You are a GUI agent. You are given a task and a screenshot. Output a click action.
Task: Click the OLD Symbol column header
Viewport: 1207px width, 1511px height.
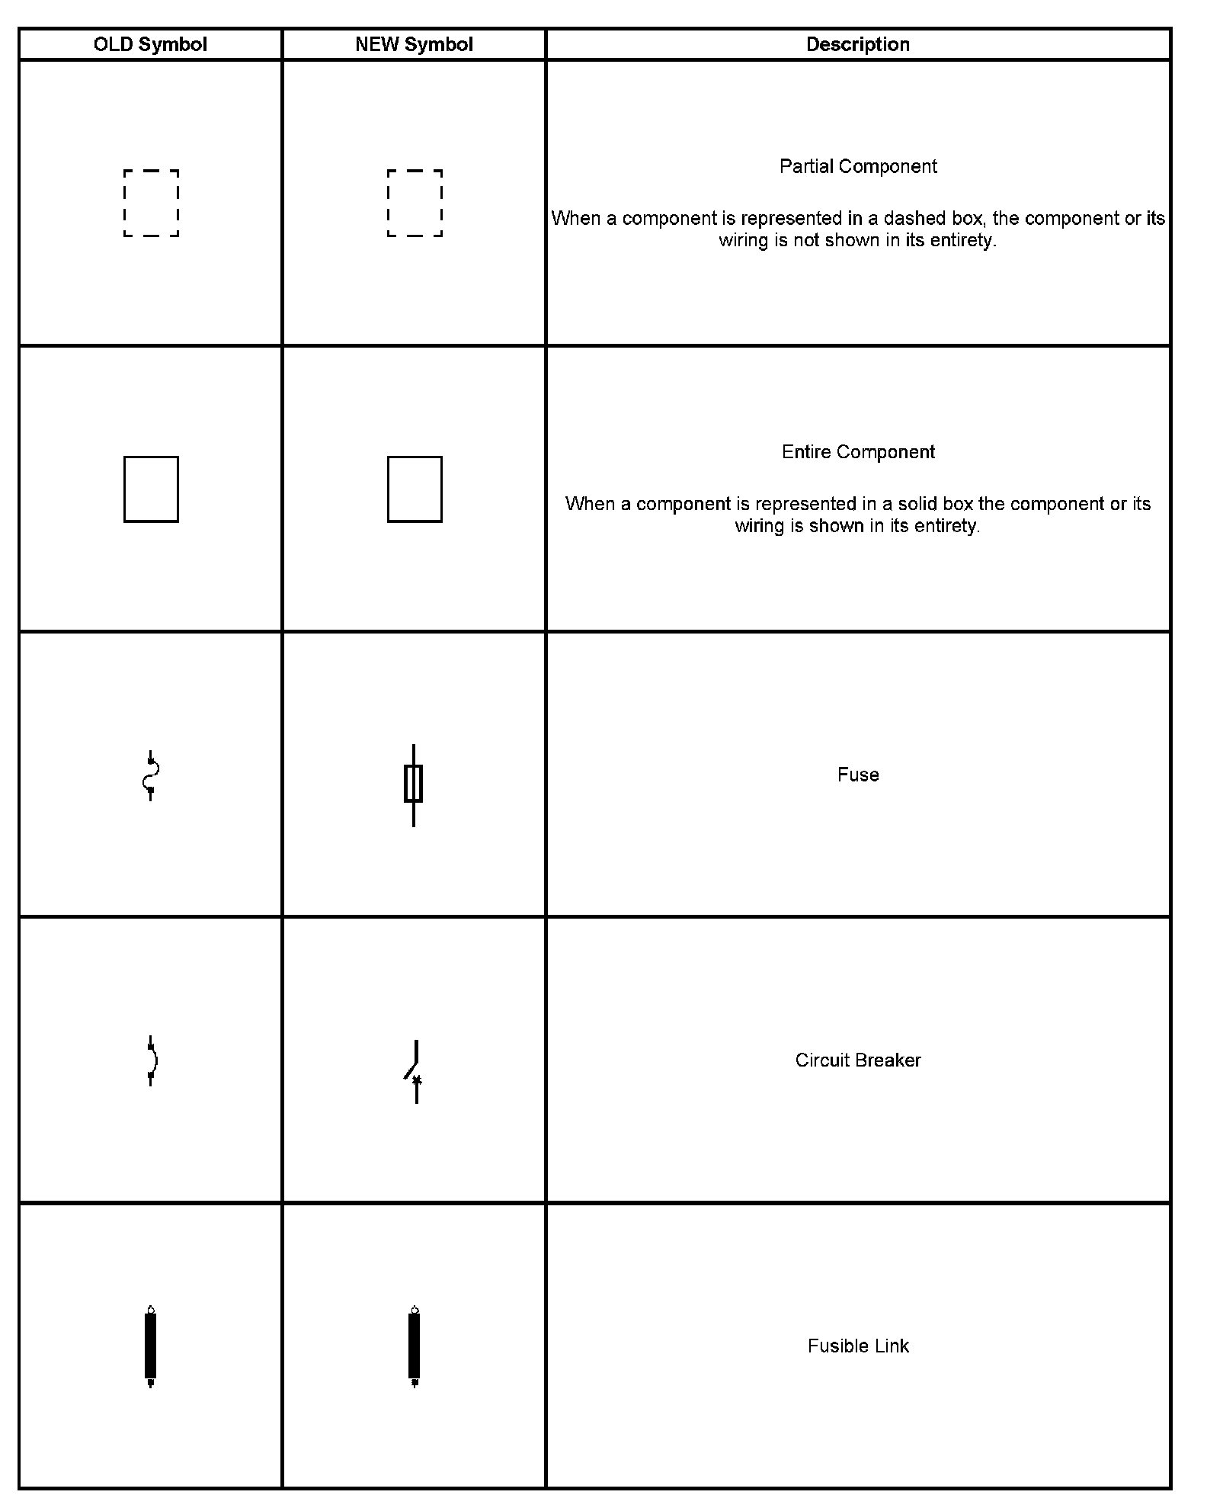pos(150,44)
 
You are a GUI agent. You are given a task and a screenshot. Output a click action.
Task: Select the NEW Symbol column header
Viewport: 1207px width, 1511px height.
pos(414,44)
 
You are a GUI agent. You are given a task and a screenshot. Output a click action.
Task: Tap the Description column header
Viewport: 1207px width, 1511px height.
pos(858,44)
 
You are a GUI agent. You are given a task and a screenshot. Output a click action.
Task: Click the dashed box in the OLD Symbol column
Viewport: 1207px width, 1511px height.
pos(151,203)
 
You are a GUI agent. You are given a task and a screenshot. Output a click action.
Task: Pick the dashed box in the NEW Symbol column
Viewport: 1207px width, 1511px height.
pos(415,203)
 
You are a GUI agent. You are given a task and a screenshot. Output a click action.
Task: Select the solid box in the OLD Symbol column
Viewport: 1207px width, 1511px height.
pos(151,489)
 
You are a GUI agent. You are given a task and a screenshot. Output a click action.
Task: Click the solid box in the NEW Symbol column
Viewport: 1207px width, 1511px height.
pos(415,489)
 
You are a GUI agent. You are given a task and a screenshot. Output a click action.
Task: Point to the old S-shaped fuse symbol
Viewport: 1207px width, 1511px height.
pos(151,775)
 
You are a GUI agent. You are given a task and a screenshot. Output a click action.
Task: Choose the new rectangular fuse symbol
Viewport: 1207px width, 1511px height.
pos(413,784)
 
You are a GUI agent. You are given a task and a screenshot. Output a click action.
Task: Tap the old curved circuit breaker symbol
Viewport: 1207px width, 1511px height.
pos(152,1060)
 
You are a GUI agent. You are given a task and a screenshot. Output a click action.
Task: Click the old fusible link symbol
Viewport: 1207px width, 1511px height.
pos(151,1346)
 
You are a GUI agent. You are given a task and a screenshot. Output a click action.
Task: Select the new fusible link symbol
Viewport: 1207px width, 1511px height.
pos(415,1346)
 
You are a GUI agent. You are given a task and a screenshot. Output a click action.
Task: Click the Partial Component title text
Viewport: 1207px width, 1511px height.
pos(858,166)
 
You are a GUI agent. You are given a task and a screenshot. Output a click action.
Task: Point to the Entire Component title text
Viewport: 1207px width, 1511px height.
pos(858,452)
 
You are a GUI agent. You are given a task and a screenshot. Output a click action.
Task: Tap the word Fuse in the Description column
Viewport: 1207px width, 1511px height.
pos(858,775)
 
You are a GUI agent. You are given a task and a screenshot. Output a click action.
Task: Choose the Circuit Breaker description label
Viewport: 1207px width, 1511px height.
pos(858,1060)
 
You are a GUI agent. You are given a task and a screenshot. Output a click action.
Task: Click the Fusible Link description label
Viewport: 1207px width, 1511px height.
pos(858,1346)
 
